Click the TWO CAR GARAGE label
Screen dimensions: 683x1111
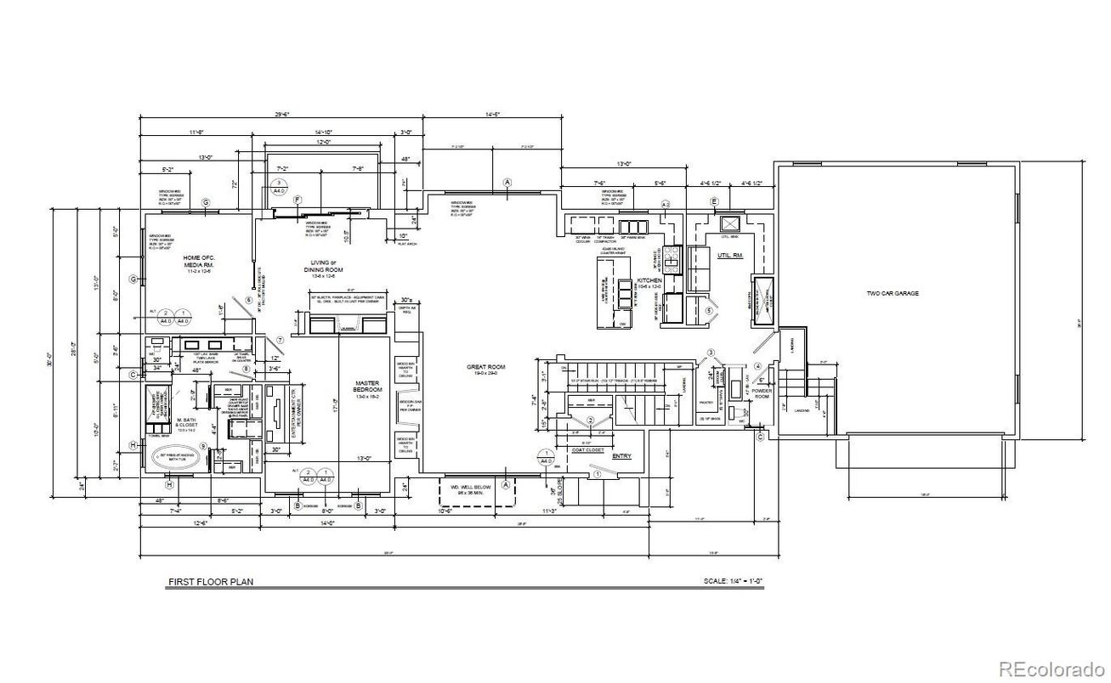click(892, 293)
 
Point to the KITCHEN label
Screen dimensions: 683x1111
click(649, 281)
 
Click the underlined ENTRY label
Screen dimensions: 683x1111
click(622, 455)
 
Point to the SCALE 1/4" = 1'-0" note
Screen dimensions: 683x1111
click(734, 583)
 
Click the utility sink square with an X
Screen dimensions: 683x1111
click(729, 224)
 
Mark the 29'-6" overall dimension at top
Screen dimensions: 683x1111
click(282, 114)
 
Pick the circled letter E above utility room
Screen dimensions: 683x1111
click(714, 201)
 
